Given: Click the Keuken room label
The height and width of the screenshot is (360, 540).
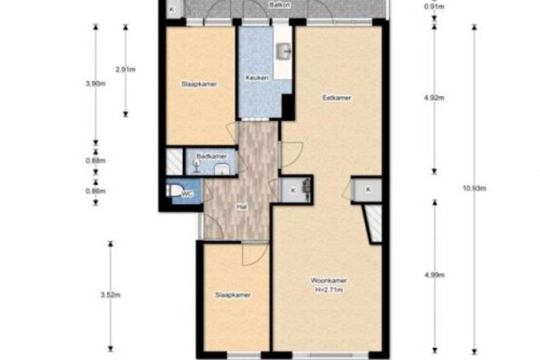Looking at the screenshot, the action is (x=257, y=78).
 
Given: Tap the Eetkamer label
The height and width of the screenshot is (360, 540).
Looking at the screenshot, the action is (x=337, y=98).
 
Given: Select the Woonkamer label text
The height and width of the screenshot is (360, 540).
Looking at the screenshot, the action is (x=329, y=281).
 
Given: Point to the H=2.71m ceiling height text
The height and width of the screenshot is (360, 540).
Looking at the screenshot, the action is (x=329, y=290).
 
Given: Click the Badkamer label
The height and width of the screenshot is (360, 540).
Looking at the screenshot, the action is (x=211, y=156).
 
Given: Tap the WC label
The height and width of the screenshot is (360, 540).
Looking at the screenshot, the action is (x=187, y=194).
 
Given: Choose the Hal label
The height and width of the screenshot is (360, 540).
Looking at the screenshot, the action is (x=242, y=207).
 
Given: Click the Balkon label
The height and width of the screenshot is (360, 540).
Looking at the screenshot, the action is (x=280, y=5).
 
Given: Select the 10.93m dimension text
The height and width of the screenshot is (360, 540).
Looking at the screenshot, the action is (x=474, y=188).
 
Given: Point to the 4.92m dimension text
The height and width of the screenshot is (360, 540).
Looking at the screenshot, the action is (x=434, y=98).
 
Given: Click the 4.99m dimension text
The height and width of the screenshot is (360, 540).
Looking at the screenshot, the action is (x=435, y=275).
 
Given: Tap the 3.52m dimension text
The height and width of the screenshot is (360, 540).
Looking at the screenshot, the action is (x=110, y=295).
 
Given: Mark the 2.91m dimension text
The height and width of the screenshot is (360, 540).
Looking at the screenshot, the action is (x=126, y=69).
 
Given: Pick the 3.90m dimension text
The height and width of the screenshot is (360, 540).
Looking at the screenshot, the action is (x=96, y=84).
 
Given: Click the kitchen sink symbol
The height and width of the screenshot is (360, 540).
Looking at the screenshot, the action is (x=283, y=51).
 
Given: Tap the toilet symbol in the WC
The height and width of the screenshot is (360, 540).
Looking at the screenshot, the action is (x=173, y=190).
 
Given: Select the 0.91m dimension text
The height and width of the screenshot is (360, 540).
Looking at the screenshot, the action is (x=434, y=7).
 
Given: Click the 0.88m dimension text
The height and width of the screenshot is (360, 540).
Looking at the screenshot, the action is (x=96, y=161).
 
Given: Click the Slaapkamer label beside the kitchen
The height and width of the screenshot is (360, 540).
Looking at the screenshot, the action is (x=199, y=84).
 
